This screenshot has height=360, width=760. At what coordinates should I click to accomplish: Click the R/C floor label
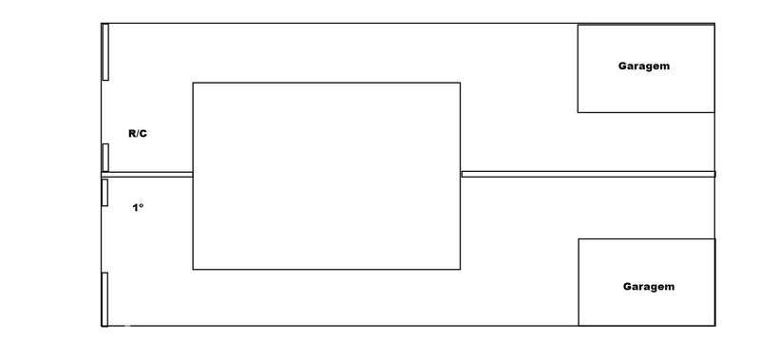(x=138, y=134)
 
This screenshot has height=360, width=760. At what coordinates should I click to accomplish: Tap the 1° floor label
(x=138, y=208)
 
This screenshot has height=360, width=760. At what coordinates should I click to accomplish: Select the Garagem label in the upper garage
(x=644, y=66)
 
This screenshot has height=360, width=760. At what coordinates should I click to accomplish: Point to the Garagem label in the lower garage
(x=649, y=287)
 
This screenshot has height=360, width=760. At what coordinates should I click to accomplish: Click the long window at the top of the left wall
(x=105, y=52)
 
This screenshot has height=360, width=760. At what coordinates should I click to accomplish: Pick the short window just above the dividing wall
(x=105, y=158)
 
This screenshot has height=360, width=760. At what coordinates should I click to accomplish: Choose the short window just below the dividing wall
(x=104, y=193)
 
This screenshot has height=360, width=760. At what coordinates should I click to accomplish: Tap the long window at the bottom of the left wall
(x=104, y=299)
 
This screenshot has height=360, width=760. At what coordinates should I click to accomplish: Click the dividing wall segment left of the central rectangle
(x=147, y=175)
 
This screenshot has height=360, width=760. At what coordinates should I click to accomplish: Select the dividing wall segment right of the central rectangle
(x=588, y=174)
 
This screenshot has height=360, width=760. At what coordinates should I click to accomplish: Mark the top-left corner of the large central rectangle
(x=193, y=83)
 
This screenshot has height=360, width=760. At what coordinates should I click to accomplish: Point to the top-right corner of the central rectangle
(x=460, y=83)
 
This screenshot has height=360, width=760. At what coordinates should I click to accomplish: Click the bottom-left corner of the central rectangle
(x=193, y=269)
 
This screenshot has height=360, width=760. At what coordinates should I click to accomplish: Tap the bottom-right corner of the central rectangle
(x=460, y=269)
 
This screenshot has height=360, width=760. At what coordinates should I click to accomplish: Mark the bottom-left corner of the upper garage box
(x=578, y=112)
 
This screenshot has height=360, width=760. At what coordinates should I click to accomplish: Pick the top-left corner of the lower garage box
(x=579, y=238)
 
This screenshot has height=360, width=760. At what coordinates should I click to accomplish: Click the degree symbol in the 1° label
(x=142, y=205)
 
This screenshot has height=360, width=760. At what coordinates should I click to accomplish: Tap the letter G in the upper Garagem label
(x=622, y=66)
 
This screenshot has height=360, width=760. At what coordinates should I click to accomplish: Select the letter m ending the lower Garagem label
(x=670, y=287)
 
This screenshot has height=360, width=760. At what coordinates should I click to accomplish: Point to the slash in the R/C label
(x=138, y=134)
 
